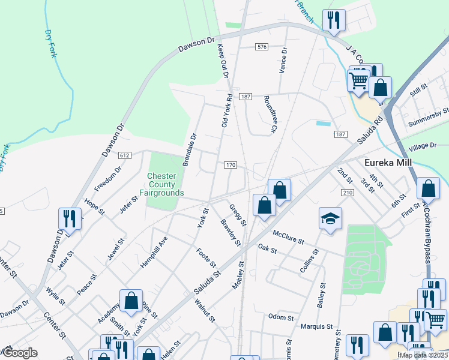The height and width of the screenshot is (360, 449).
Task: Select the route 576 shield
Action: click(x=261, y=47)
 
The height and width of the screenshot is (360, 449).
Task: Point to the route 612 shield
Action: click(x=125, y=155)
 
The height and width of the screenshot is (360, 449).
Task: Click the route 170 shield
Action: click(x=231, y=165)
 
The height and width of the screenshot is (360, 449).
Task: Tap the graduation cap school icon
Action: click(x=330, y=219)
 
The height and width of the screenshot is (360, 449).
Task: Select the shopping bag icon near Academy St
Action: click(x=131, y=301)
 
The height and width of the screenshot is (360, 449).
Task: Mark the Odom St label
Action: click(x=280, y=317)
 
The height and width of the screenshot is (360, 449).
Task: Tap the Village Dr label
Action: click(x=422, y=146)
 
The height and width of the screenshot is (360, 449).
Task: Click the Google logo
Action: click(x=20, y=353)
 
